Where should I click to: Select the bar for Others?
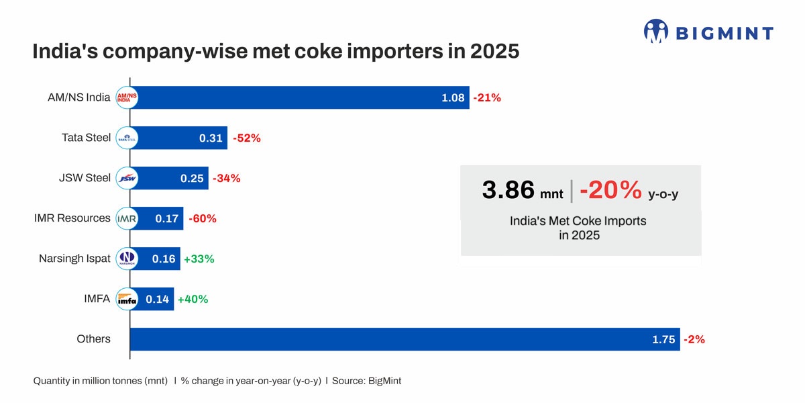click(402, 339)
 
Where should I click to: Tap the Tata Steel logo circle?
click(127, 138)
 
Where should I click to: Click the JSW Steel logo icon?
click(127, 178)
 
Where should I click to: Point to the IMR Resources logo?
click(127, 218)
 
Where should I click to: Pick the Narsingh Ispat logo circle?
click(127, 259)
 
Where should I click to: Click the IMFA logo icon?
click(127, 299)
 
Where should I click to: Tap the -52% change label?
click(246, 138)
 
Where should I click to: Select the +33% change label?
click(199, 259)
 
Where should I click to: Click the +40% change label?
click(193, 300)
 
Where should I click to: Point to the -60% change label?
click(202, 219)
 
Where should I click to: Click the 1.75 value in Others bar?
click(663, 340)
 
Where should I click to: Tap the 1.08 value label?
click(453, 98)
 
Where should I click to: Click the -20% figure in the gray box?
click(610, 190)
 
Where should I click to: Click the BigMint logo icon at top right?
click(656, 31)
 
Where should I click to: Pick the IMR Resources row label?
click(72, 218)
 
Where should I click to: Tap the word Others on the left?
click(93, 339)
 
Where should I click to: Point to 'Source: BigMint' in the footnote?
click(366, 381)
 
